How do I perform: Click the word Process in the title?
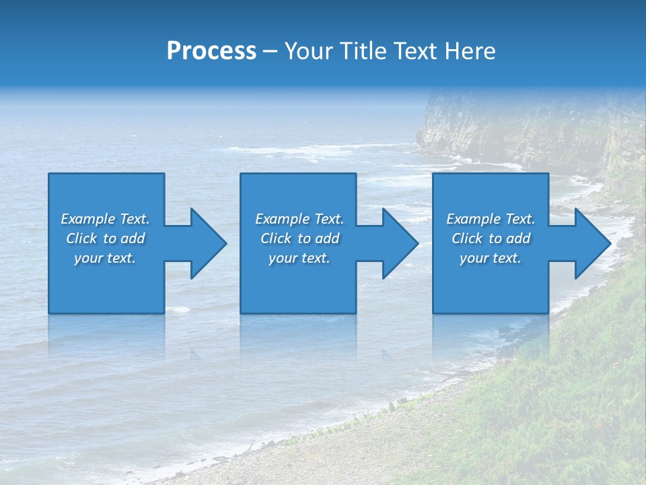point(211,51)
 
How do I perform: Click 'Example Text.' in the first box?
point(105,219)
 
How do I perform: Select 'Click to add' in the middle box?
point(299,238)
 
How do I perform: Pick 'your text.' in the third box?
point(491,258)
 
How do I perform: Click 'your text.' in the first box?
point(105,258)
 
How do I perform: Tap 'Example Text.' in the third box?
point(491,219)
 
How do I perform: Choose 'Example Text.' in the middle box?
point(299,219)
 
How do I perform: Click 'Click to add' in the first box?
point(105,238)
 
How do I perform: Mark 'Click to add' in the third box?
point(491,238)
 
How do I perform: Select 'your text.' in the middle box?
point(299,258)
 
